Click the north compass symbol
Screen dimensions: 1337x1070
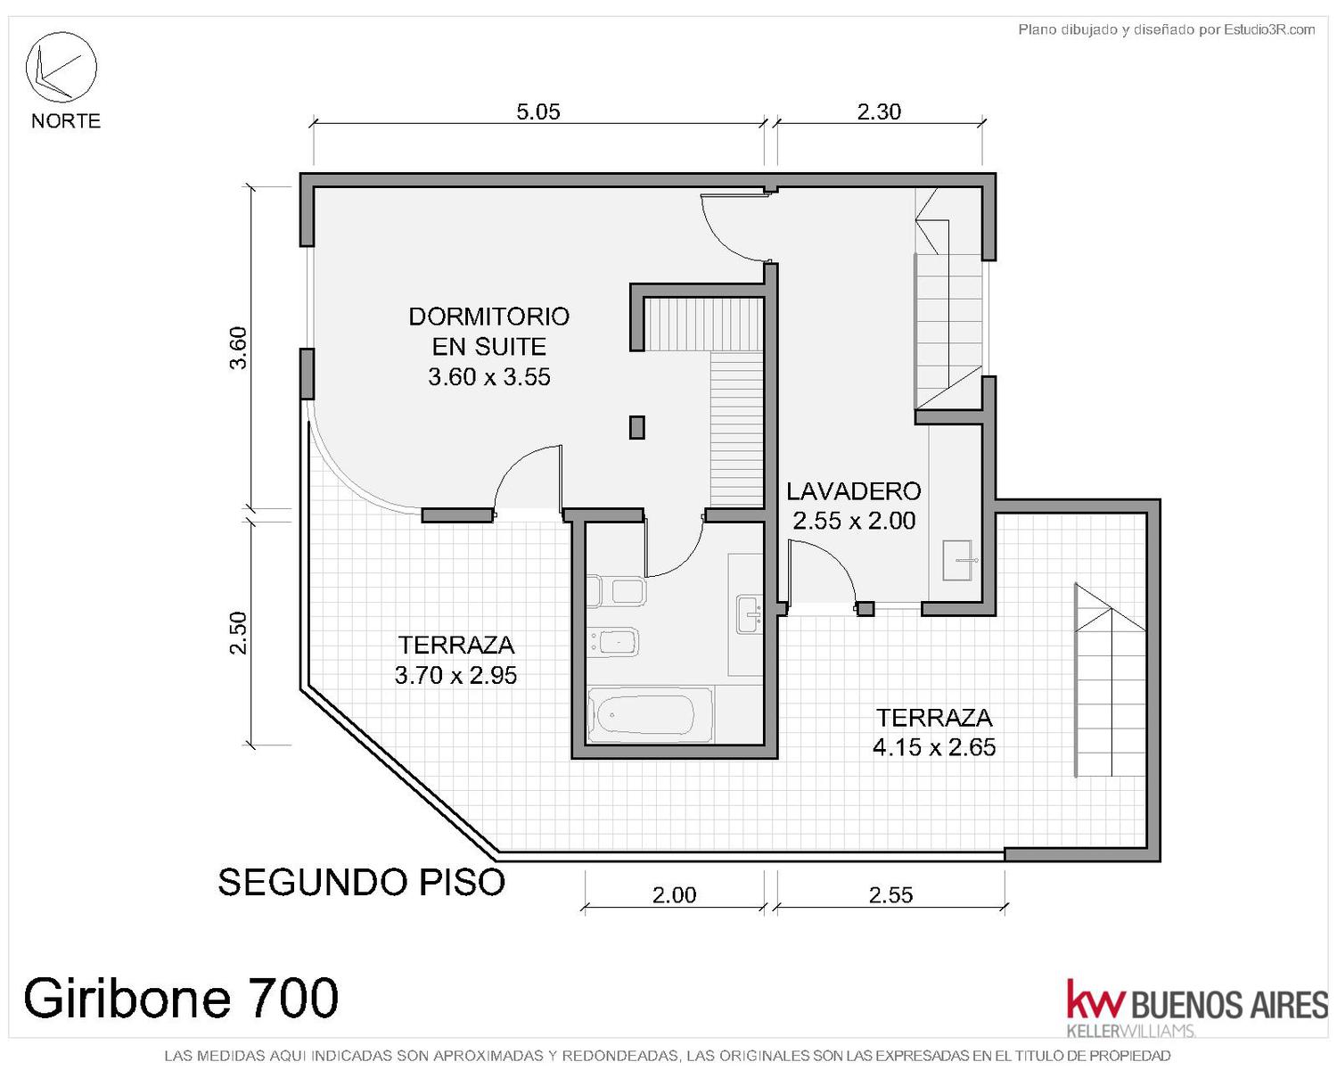click(61, 67)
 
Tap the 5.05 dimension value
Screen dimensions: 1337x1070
click(538, 112)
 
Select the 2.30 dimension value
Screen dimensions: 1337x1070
click(879, 112)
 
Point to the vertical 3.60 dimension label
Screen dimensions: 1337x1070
click(239, 348)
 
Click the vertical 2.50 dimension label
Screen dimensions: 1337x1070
click(239, 633)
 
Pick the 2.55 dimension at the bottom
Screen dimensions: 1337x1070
click(891, 895)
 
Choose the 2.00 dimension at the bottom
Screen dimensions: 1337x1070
click(674, 895)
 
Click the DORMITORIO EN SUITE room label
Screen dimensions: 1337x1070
click(489, 346)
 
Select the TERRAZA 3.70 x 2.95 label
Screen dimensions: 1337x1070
click(456, 660)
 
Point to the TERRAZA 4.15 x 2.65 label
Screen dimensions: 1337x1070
click(934, 732)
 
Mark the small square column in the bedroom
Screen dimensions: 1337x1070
click(636, 427)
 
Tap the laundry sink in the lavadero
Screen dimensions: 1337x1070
click(956, 560)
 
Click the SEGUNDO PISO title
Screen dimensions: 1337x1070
click(361, 882)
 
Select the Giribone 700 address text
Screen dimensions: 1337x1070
click(181, 998)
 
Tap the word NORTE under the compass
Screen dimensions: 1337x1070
click(66, 120)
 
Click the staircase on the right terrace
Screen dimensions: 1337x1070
click(1111, 680)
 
